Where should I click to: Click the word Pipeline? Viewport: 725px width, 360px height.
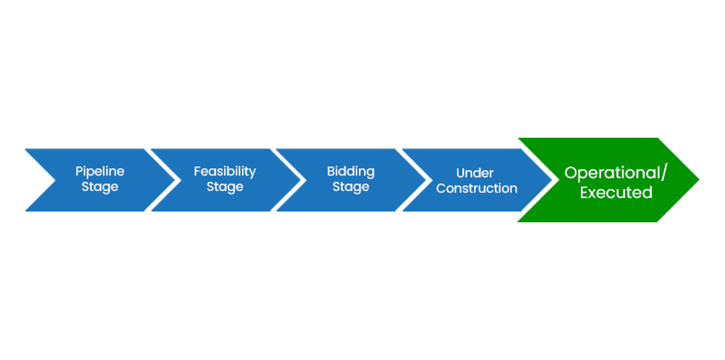tap(100, 172)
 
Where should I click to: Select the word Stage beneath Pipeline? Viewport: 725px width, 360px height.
tap(100, 187)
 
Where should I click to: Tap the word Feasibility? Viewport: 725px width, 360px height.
tap(225, 172)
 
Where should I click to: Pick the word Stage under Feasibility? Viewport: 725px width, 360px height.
tap(225, 187)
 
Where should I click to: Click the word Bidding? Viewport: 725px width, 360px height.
tap(351, 172)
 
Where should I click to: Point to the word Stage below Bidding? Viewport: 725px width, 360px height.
tap(351, 187)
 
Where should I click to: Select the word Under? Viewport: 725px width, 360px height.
tap(475, 173)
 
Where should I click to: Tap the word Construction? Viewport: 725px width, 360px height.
tap(477, 189)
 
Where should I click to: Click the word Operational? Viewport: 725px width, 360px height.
tap(613, 173)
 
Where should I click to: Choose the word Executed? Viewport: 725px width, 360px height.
tap(616, 193)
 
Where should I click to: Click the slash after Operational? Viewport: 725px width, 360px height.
tap(665, 174)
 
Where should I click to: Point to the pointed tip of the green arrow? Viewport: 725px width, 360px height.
tap(699, 179)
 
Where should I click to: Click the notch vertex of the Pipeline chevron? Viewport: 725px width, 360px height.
tap(56, 180)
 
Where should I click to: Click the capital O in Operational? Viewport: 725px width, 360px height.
tap(571, 173)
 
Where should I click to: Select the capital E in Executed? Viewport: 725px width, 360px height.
tap(585, 193)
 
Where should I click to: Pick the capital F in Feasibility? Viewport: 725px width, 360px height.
tap(197, 171)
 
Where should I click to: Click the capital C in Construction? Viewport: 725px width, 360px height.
tap(441, 189)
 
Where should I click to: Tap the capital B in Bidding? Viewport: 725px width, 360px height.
tap(331, 171)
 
